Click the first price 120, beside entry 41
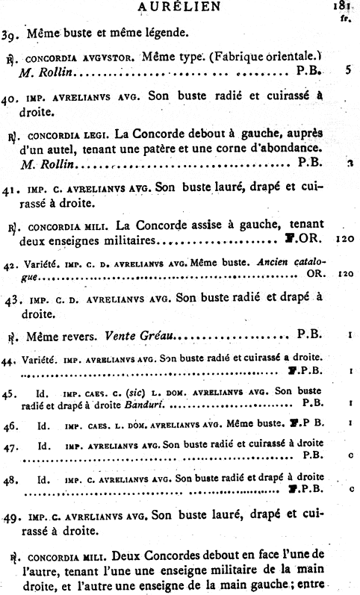click(344, 241)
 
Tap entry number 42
click(10, 264)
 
